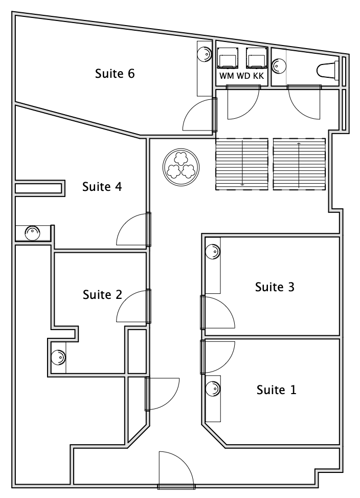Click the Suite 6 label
(115, 74)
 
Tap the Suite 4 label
(102, 186)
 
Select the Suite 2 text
(102, 295)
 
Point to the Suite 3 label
(275, 287)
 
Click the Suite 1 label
(276, 389)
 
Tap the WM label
(227, 76)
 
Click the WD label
(243, 76)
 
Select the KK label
(259, 76)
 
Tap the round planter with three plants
(181, 167)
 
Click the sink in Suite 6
(204, 54)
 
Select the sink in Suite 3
(213, 251)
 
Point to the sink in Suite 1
(213, 388)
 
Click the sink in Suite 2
(58, 357)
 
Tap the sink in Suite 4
(33, 233)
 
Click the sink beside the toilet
(279, 66)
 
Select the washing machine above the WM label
(227, 58)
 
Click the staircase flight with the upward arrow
(299, 164)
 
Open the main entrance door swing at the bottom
(176, 468)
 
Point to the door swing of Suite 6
(197, 115)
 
